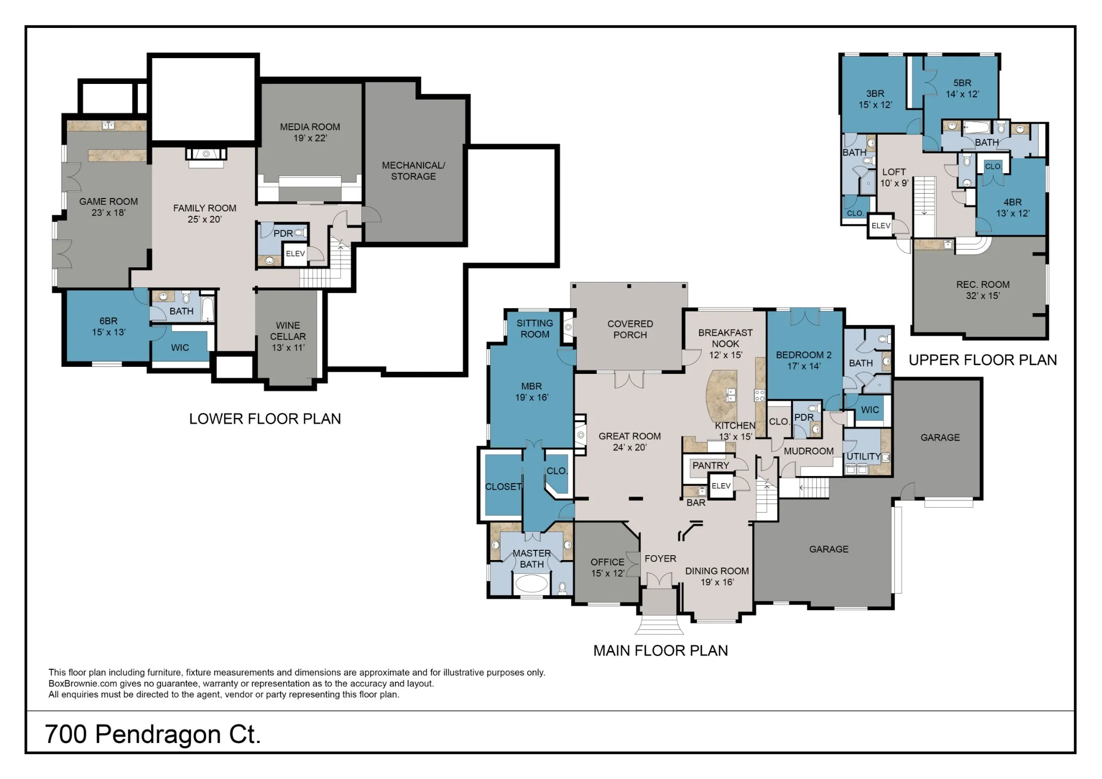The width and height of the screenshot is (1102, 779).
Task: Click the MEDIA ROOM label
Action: (310, 127)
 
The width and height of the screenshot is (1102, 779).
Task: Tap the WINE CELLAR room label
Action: (288, 331)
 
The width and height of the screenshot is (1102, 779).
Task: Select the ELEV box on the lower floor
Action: (295, 254)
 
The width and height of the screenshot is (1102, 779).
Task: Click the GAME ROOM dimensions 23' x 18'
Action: (109, 213)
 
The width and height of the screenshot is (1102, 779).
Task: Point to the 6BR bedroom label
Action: (109, 321)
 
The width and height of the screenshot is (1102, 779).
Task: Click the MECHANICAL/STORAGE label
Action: (413, 171)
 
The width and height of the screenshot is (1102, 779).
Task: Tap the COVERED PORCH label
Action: (630, 329)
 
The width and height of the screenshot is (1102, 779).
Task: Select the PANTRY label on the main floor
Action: (711, 465)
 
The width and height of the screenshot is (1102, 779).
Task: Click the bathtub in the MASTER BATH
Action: (531, 584)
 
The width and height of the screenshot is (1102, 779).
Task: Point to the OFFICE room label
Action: (607, 562)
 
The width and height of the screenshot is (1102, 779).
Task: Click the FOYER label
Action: (660, 559)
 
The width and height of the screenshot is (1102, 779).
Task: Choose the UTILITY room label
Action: (864, 457)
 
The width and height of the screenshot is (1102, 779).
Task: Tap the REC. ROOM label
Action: (983, 285)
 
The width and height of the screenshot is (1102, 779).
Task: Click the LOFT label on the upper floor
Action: (894, 172)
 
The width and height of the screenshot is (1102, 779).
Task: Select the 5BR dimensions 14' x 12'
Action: (963, 94)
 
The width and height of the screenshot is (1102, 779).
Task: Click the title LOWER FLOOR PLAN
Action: (265, 419)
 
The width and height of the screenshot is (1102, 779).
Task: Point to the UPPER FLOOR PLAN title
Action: (983, 360)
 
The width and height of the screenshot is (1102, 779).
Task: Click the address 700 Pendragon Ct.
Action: (153, 734)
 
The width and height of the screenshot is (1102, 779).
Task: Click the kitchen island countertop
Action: (723, 397)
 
